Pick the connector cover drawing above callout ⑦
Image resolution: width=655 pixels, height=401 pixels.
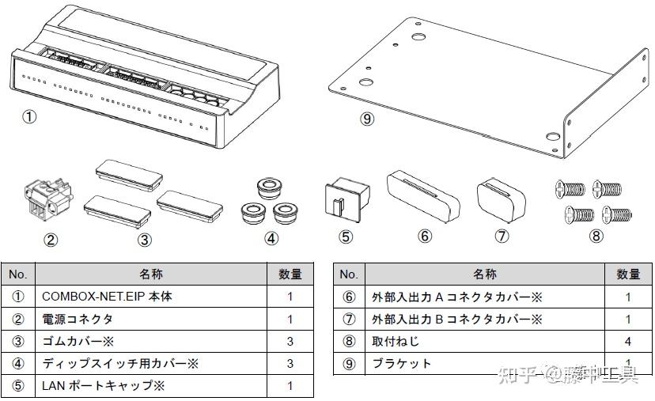click(501, 197)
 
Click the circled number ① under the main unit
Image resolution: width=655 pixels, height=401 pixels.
click(28, 117)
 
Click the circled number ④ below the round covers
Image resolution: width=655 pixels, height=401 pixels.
click(271, 236)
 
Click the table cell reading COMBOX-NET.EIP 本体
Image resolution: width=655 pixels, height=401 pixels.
click(107, 297)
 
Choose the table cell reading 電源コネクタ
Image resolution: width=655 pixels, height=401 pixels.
click(77, 319)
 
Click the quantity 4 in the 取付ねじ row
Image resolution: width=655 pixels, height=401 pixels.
click(628, 342)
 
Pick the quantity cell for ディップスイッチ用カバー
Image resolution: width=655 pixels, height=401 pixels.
click(290, 364)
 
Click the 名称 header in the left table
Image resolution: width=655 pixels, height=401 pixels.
click(151, 274)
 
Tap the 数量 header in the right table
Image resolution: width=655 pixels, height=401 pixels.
click(628, 274)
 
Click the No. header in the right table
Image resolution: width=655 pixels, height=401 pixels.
click(349, 274)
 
